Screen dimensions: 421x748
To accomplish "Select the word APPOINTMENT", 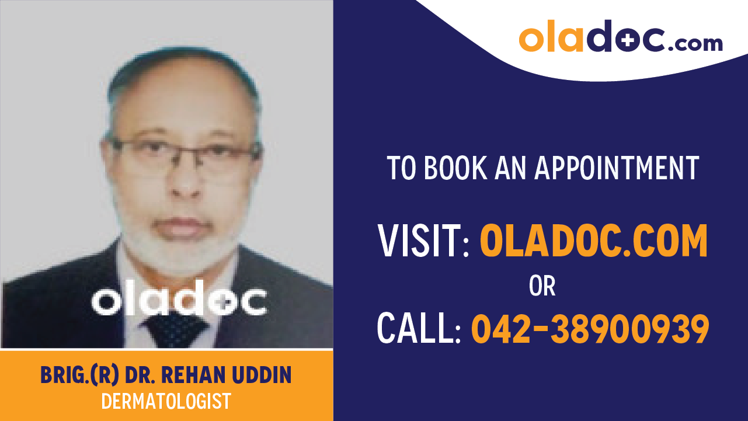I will click(x=617, y=168).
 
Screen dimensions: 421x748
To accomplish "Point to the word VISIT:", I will click(x=423, y=241).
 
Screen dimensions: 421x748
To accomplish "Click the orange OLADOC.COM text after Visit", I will click(x=593, y=241).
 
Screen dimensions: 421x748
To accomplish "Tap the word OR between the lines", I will click(x=542, y=286).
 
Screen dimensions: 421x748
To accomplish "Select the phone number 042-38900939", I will click(x=590, y=328).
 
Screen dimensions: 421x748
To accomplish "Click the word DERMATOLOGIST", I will click(x=166, y=401).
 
